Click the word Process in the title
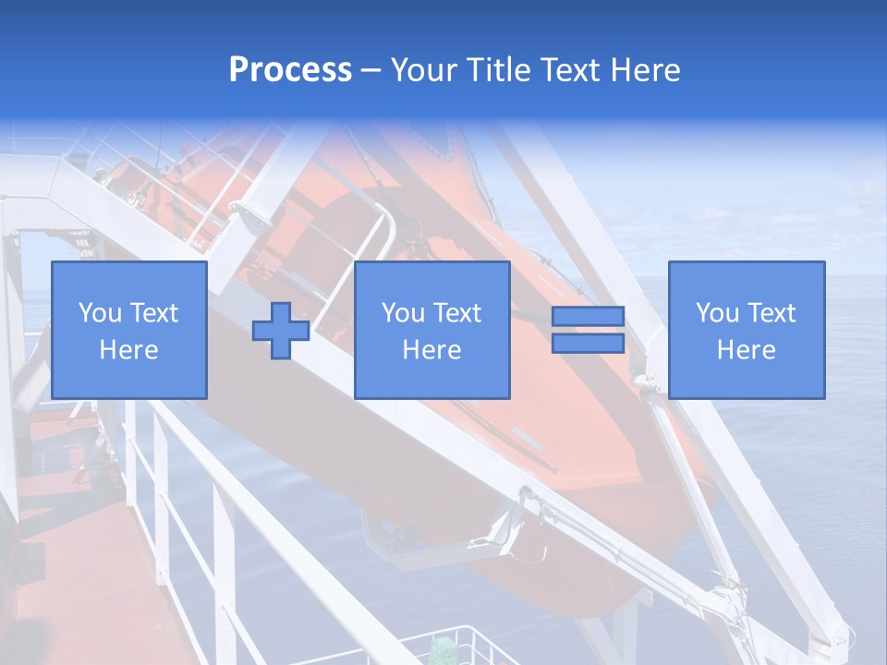[290, 70]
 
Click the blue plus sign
[281, 331]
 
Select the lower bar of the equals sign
[588, 343]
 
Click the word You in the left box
[100, 313]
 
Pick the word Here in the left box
[128, 350]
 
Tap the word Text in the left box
[153, 313]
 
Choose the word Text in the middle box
[456, 313]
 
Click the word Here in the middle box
[431, 350]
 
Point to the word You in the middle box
[403, 313]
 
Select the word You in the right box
[717, 313]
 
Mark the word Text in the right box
[771, 313]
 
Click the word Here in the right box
[746, 350]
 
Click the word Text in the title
[564, 70]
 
